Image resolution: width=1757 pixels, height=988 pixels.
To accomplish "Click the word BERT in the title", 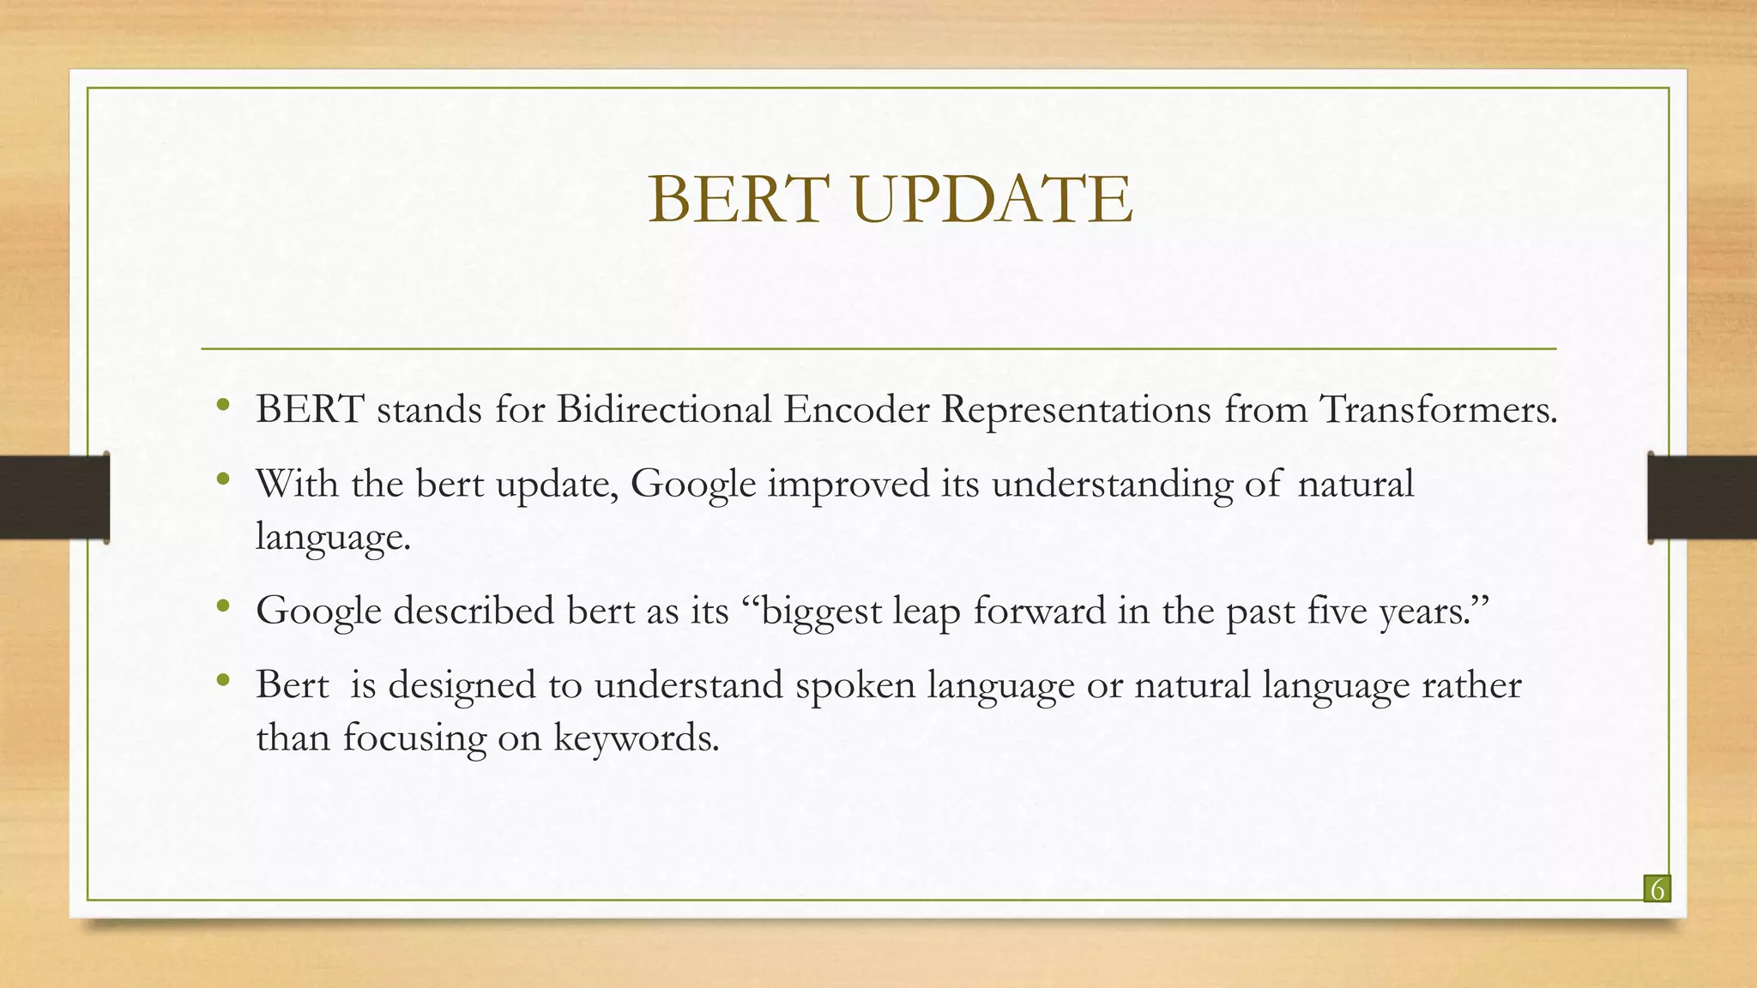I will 737,199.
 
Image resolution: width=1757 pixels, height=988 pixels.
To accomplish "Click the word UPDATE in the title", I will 993,199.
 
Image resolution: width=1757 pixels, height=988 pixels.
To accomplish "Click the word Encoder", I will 855,409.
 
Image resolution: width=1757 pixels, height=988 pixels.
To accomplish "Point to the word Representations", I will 1076,411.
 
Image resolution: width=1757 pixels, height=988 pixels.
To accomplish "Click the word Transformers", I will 1437,409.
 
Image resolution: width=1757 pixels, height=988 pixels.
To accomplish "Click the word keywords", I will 635,738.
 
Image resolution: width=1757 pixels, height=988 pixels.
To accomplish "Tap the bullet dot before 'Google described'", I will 223,606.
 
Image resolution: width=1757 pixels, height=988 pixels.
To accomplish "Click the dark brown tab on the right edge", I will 1702,497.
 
